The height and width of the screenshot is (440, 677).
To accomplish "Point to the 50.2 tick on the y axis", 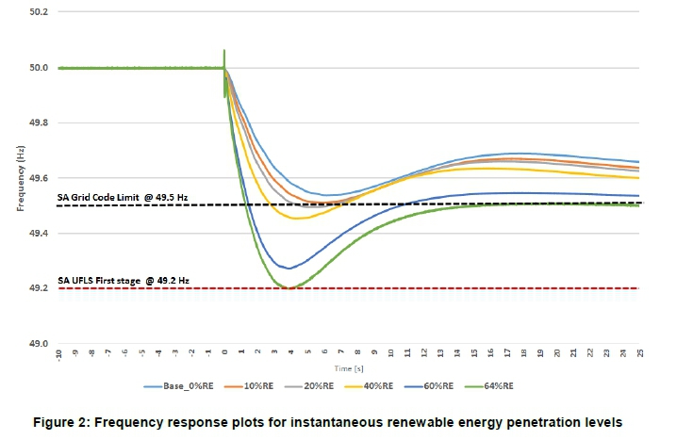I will coord(39,12).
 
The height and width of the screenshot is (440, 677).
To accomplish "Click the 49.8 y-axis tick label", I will coord(39,122).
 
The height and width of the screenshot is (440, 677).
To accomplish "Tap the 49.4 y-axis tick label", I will coord(39,233).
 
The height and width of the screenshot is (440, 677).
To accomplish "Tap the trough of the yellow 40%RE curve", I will coord(298,219).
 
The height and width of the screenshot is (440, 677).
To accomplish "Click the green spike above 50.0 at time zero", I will coord(224,53).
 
